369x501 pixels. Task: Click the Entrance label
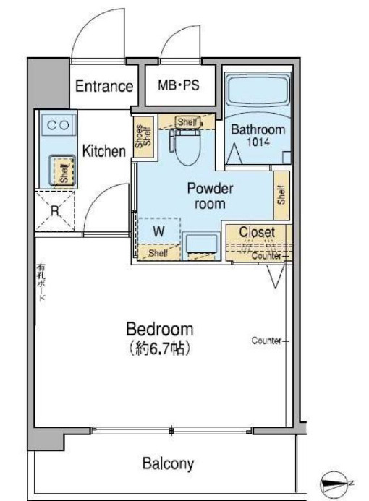(x=105, y=87)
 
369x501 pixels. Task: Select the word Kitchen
(x=104, y=152)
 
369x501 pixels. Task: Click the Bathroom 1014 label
(x=257, y=134)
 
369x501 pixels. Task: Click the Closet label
(x=256, y=232)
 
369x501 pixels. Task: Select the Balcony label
(x=167, y=463)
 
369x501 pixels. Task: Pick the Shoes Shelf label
(x=142, y=136)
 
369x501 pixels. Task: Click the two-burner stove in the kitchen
(x=56, y=124)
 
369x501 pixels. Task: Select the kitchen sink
(x=61, y=171)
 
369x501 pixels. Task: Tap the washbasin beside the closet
(x=201, y=244)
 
